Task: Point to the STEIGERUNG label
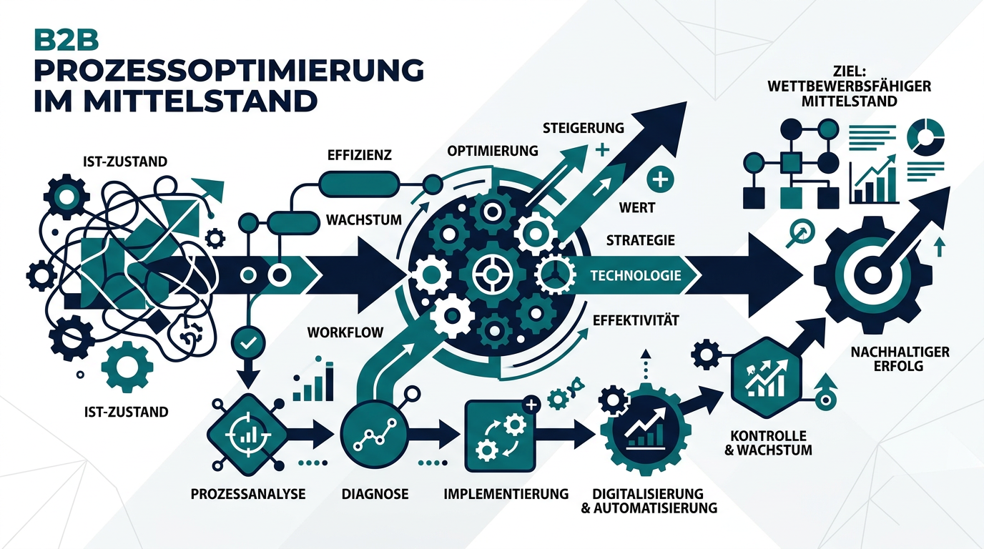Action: tap(584, 129)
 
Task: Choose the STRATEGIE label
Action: tap(640, 240)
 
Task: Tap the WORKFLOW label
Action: tap(345, 332)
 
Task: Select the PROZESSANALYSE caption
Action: tap(249, 494)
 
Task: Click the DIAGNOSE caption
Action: tap(375, 494)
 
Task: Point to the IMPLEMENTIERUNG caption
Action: tap(506, 494)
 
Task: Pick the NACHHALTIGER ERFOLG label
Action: tap(900, 359)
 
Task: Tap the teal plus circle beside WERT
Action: tap(660, 179)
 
